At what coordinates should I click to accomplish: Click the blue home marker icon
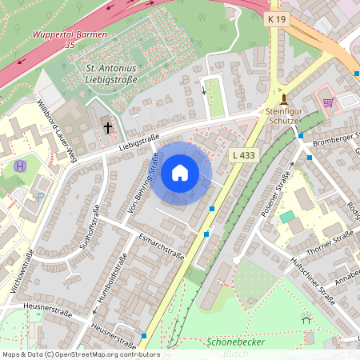[180, 173]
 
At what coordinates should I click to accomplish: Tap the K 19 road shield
[277, 18]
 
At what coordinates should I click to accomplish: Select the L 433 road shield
[242, 154]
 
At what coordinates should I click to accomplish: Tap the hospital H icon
[20, 166]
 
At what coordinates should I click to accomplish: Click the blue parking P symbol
[41, 197]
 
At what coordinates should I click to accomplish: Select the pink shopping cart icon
[327, 102]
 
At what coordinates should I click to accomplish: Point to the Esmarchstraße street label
[160, 247]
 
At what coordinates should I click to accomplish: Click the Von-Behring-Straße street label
[143, 186]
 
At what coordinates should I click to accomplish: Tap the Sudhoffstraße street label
[89, 228]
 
